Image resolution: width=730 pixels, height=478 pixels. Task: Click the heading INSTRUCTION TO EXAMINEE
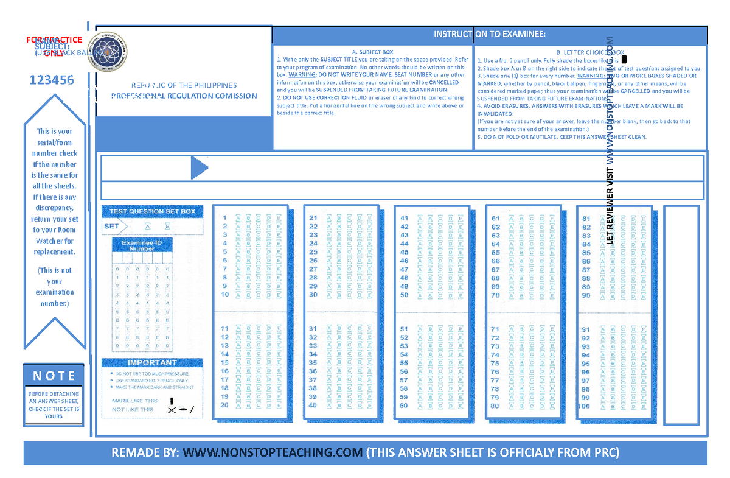click(x=490, y=34)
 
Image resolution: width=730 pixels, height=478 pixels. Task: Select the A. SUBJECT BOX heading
click(x=372, y=52)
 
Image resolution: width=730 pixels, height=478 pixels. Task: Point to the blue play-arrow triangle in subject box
click(x=199, y=167)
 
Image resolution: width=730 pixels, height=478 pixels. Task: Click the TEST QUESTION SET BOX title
click(x=152, y=211)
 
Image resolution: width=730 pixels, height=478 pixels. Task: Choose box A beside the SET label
click(x=147, y=226)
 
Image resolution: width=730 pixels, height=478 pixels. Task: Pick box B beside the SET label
click(x=167, y=226)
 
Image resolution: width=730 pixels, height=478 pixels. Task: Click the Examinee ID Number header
click(x=142, y=245)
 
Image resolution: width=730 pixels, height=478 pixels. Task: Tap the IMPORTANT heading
click(x=136, y=362)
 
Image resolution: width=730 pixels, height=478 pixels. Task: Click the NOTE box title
click(x=54, y=376)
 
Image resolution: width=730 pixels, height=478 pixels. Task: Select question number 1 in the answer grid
click(x=224, y=217)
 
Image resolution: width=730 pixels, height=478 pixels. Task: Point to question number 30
click(x=313, y=295)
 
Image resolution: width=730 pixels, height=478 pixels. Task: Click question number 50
click(x=405, y=295)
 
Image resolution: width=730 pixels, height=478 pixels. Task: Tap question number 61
click(x=496, y=218)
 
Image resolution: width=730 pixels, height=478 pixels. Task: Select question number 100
click(x=585, y=406)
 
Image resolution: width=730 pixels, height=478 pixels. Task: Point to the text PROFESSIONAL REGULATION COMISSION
click(x=184, y=96)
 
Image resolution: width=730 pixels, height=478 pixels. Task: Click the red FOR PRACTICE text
click(x=54, y=40)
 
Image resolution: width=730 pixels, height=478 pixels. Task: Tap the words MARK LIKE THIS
click(x=134, y=401)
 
